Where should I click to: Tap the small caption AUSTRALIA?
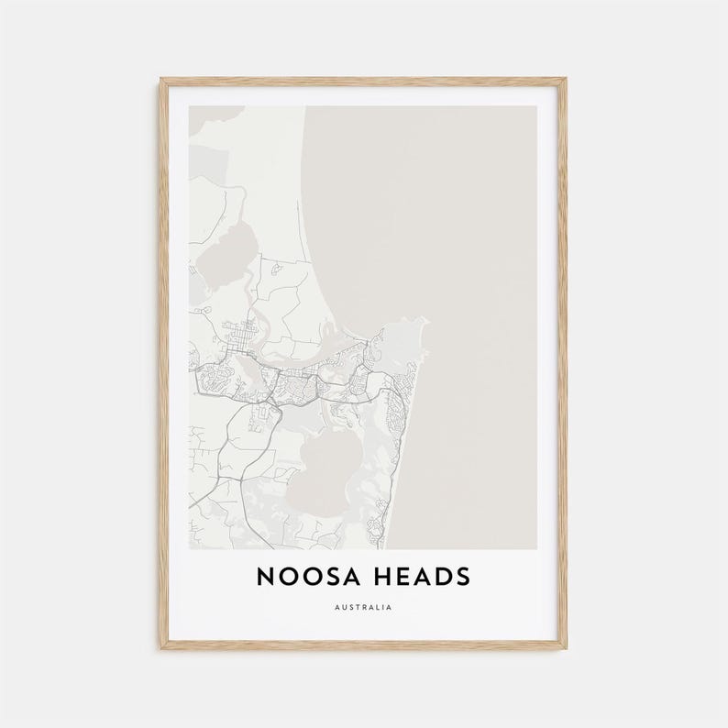coord(363,607)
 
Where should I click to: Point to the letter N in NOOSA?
coord(265,577)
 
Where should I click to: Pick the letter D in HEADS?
coord(443,577)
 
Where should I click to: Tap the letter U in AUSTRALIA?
coord(344,607)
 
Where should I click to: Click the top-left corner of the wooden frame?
coord(161,80)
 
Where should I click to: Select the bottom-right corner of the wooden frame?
coord(565,647)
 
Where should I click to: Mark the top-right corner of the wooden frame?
coord(565,80)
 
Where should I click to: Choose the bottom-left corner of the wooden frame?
coord(161,647)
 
